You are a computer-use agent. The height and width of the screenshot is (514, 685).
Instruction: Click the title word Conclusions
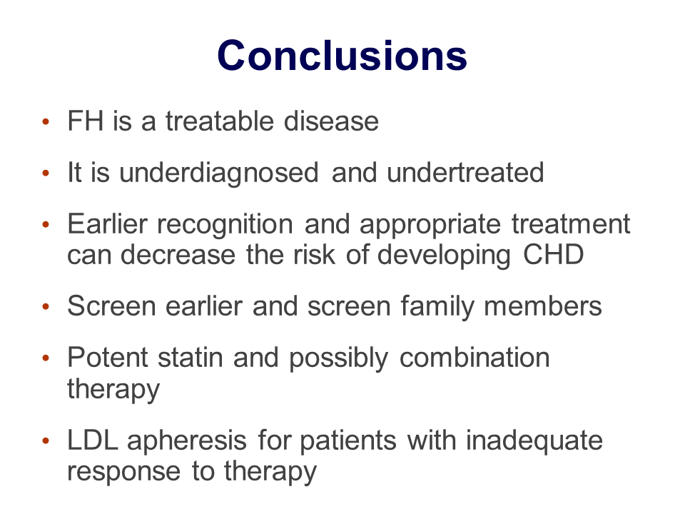[x=342, y=56]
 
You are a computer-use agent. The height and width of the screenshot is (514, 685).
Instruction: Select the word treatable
[x=220, y=121]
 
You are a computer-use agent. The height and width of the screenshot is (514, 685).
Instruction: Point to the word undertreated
[x=465, y=172]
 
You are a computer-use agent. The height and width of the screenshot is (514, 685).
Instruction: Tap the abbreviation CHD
[x=553, y=254]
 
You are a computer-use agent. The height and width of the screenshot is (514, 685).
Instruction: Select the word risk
[x=314, y=254]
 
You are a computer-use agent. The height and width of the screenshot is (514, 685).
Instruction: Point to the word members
[x=543, y=306]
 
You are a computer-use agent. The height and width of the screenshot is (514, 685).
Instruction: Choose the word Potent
[x=108, y=357]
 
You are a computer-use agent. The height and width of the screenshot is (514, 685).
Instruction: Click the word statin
[x=191, y=357]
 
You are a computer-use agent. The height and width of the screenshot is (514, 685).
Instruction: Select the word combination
[x=475, y=357]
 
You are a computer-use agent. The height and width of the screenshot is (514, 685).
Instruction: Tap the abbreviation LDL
[x=93, y=440]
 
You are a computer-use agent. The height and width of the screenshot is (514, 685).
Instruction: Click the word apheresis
[x=187, y=441]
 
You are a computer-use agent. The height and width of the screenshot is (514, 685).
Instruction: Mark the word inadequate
[x=534, y=441]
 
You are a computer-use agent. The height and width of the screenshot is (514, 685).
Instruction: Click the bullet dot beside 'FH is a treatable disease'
[x=46, y=121]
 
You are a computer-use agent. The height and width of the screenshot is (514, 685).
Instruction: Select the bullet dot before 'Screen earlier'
[x=46, y=306]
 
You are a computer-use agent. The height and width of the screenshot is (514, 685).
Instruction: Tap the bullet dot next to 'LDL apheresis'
[x=46, y=440]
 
